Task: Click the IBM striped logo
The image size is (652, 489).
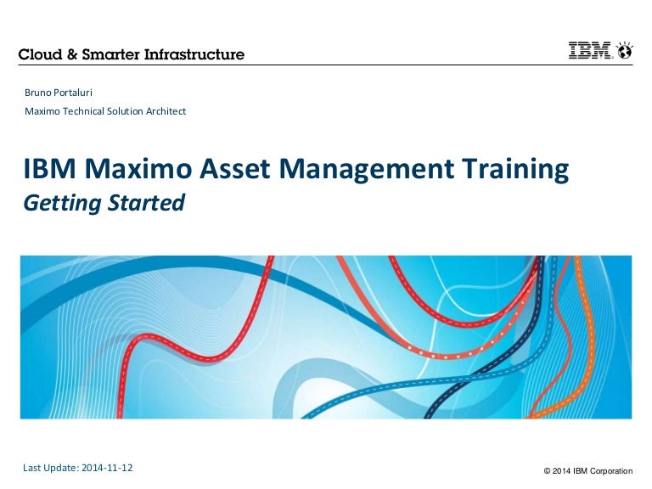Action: (589, 50)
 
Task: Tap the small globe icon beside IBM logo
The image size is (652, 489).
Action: (625, 51)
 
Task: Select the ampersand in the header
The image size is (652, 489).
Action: (72, 54)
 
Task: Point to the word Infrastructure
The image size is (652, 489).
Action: (194, 54)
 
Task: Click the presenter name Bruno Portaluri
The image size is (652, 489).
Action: (59, 93)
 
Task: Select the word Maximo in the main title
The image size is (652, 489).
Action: (138, 168)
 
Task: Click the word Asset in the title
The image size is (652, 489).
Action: (234, 168)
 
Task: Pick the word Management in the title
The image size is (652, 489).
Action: (367, 170)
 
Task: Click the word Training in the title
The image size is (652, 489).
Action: (515, 170)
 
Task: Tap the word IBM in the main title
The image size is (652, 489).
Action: (49, 168)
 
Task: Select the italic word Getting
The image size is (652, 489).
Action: (62, 204)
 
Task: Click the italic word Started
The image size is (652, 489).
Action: (146, 203)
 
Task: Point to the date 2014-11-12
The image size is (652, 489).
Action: (107, 468)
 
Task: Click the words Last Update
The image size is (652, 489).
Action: (51, 468)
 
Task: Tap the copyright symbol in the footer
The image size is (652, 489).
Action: (548, 471)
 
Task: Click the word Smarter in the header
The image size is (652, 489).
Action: (110, 54)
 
